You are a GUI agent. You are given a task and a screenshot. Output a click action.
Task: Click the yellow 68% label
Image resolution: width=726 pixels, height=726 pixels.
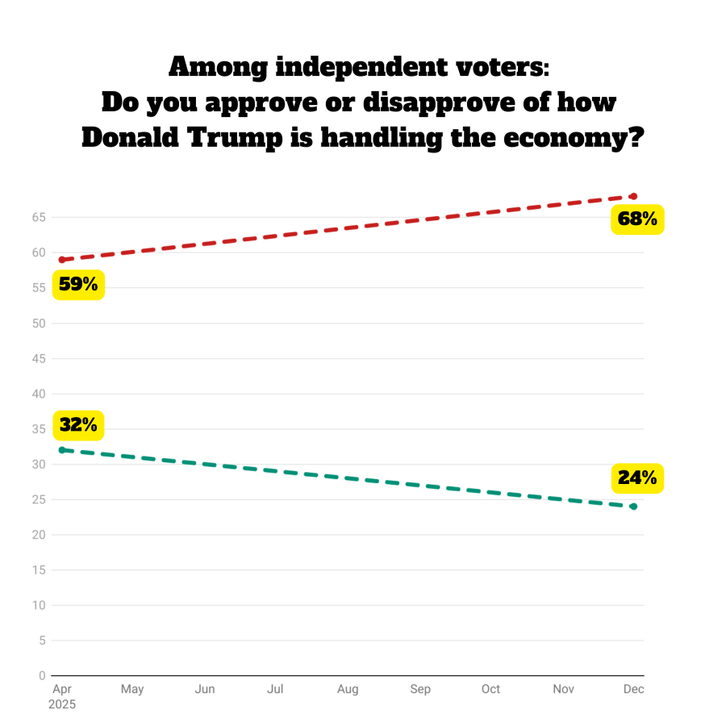click(x=637, y=219)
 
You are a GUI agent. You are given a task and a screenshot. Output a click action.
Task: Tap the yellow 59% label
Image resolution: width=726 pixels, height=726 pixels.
click(x=78, y=285)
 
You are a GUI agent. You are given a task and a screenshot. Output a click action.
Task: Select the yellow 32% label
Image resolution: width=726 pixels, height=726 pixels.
click(x=78, y=425)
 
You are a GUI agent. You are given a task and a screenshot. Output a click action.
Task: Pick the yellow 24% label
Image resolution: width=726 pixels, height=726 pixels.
click(x=637, y=478)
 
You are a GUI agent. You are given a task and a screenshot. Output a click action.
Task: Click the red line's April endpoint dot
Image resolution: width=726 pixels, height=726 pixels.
click(x=61, y=260)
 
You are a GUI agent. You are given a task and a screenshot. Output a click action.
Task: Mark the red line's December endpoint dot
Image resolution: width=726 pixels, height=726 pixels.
click(x=634, y=196)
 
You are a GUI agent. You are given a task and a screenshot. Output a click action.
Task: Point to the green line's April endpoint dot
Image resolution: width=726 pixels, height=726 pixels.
click(x=61, y=449)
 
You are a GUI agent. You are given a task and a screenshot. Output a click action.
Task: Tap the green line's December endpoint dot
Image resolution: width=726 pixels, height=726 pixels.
click(x=634, y=507)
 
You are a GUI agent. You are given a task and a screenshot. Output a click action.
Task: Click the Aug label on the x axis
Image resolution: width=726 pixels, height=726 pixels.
click(x=348, y=689)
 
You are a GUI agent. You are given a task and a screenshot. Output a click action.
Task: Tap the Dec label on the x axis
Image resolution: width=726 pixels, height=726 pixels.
click(x=634, y=689)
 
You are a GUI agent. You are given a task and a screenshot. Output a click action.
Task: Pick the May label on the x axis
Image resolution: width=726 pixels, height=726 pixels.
click(x=132, y=689)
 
